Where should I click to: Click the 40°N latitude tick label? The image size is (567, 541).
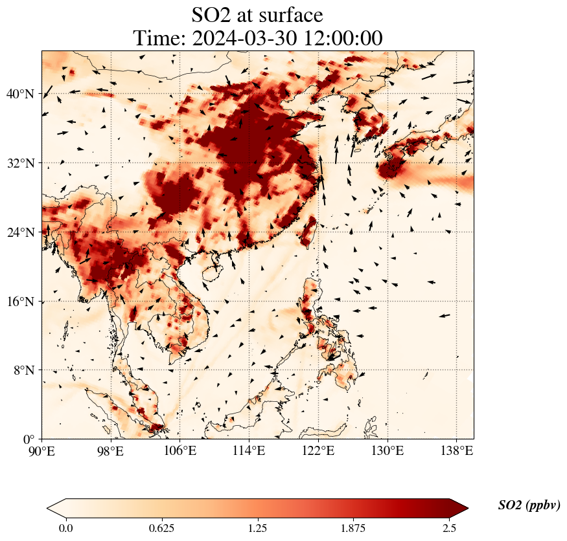click(20, 94)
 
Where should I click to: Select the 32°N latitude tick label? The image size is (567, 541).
click(20, 163)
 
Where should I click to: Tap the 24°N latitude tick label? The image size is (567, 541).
click(20, 232)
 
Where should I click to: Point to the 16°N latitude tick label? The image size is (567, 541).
click(20, 302)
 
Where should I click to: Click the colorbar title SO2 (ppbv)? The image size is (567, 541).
click(529, 505)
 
